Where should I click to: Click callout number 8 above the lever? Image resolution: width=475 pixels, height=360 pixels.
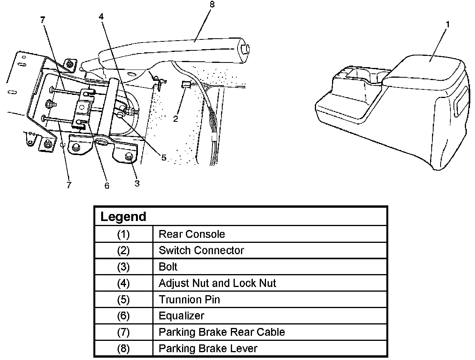click(212, 4)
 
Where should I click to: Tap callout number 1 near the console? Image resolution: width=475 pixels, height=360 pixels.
click(448, 25)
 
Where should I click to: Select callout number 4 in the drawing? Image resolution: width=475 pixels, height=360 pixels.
click(101, 16)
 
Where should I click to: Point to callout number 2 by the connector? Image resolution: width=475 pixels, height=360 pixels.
click(175, 118)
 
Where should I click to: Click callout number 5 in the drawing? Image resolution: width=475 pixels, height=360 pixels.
click(164, 158)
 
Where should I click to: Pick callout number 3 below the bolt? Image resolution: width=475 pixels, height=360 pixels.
click(137, 184)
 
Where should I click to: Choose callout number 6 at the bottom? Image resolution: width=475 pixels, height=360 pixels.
click(107, 185)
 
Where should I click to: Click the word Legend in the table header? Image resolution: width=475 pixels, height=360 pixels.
click(123, 216)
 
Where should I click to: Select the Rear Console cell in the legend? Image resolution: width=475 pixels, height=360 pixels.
click(192, 234)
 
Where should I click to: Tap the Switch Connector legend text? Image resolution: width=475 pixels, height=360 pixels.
click(201, 250)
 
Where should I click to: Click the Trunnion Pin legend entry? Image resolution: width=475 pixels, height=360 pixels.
click(189, 299)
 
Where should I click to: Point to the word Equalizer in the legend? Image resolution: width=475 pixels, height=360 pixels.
click(181, 316)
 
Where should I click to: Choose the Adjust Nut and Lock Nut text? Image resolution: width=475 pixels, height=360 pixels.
click(217, 283)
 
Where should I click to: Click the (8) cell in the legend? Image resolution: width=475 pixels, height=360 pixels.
click(123, 349)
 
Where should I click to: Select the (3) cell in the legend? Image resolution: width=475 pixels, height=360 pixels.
click(123, 267)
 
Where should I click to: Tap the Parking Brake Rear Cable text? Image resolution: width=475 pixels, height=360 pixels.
click(222, 332)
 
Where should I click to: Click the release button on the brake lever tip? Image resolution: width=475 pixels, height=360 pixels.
click(246, 49)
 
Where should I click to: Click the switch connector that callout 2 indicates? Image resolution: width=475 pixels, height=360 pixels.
click(186, 84)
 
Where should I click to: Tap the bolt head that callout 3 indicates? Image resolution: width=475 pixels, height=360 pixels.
click(129, 156)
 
